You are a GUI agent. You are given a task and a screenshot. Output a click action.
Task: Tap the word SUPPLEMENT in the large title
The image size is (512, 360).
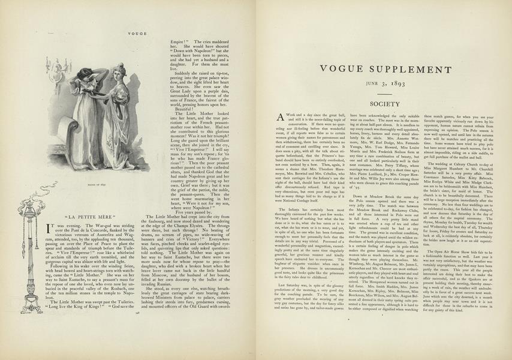408,70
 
